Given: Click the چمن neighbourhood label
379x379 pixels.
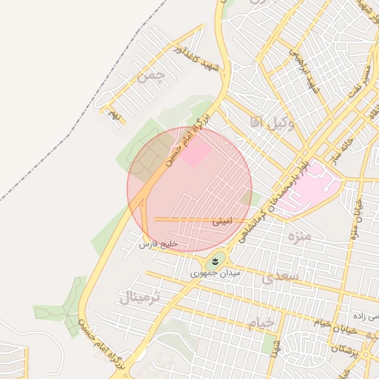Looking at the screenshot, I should point(152,76).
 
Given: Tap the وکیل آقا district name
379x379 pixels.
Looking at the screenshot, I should point(272,125).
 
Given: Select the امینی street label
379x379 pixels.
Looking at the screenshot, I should point(222,221).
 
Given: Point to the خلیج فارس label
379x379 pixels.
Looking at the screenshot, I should point(159,244).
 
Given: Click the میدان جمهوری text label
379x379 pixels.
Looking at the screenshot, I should point(215,273).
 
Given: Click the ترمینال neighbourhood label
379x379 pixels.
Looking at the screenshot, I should point(138,298).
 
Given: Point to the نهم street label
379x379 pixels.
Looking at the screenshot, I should point(113,115).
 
